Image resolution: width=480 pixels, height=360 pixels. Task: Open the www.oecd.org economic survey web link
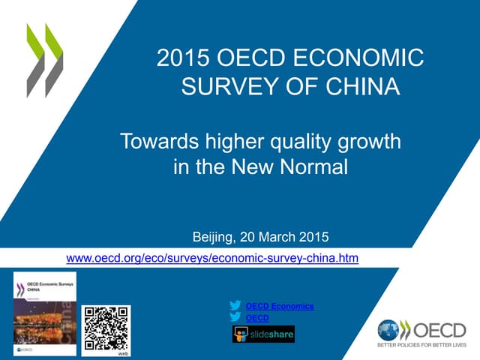click(212, 259)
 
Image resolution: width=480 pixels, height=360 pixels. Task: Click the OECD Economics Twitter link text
click(280, 306)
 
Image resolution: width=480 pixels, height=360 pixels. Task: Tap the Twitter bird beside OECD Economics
click(236, 306)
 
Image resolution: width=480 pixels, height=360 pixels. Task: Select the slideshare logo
click(263, 334)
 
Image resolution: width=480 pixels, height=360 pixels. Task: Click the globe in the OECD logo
click(389, 331)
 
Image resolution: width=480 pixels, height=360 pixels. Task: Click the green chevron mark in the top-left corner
click(44, 60)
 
